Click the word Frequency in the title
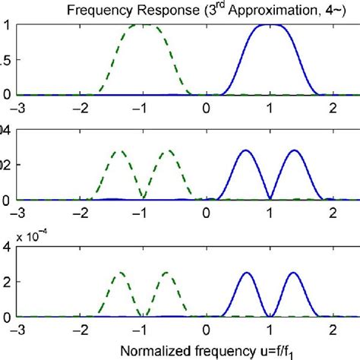click(91, 10)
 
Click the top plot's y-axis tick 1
click(6, 25)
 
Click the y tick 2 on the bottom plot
click(6, 281)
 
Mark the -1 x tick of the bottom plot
click(143, 330)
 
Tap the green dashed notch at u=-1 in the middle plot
click(144, 198)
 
